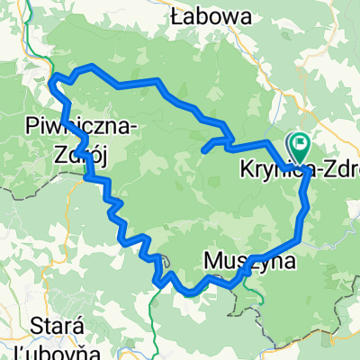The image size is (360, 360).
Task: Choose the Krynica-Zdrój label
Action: click(298, 168)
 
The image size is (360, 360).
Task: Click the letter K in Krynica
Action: click(246, 168)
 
